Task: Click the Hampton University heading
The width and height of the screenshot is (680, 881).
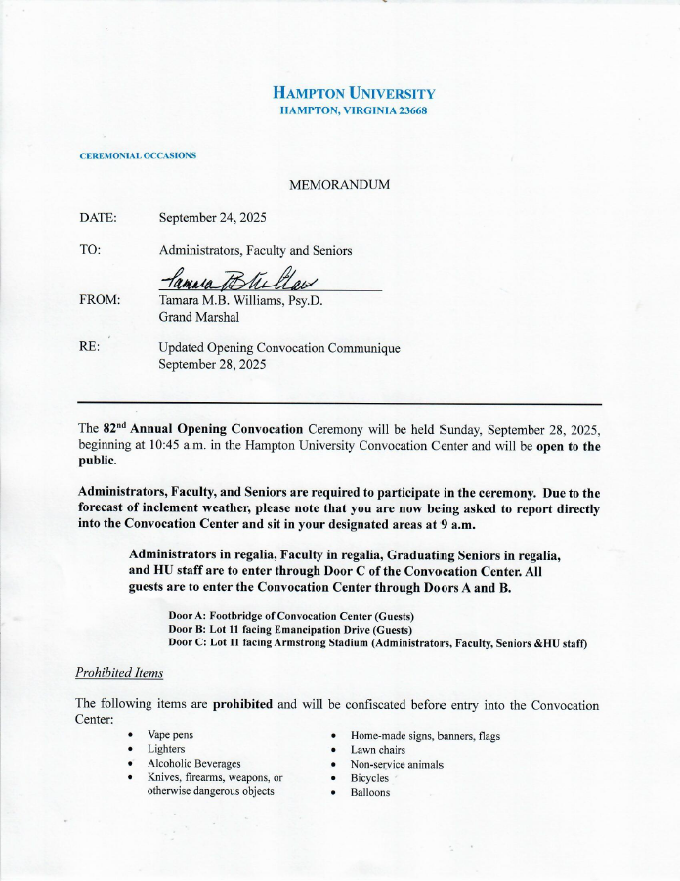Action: (x=354, y=94)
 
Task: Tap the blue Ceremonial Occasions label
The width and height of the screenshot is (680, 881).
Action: (x=138, y=155)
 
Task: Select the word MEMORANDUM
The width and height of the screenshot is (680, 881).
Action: (x=339, y=185)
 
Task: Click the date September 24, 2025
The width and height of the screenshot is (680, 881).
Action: (x=212, y=218)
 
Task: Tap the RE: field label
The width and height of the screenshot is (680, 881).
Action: (x=89, y=347)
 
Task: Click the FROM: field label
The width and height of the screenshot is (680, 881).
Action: (x=100, y=300)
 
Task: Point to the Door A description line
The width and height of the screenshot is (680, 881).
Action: (x=291, y=616)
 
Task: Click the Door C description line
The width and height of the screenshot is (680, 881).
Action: (x=377, y=643)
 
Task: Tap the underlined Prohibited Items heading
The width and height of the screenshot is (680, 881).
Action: (x=119, y=673)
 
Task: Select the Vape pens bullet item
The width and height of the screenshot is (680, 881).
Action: (x=170, y=734)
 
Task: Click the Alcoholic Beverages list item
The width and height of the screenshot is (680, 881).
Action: (x=193, y=763)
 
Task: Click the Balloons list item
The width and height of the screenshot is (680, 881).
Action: (x=370, y=792)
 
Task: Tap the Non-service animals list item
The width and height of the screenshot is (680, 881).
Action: (x=397, y=764)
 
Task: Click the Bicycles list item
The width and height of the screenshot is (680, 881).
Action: (x=369, y=778)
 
